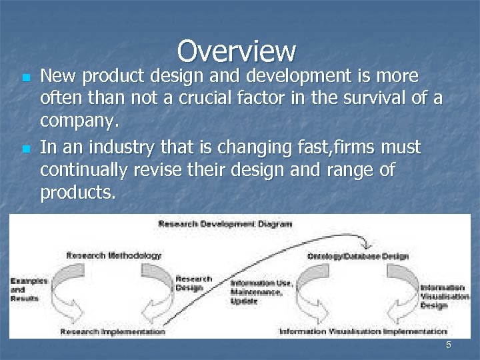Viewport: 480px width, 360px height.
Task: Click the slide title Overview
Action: tap(237, 51)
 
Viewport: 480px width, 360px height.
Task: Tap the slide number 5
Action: tap(449, 345)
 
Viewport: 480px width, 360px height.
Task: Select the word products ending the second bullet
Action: tap(77, 194)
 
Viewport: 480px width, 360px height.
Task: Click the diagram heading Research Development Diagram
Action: tap(225, 224)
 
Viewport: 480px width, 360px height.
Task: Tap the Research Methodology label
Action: tap(114, 255)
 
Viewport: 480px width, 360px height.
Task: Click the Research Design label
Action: tap(193, 283)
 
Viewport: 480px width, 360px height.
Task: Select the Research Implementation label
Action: tap(113, 331)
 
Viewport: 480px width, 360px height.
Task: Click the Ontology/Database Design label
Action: tap(358, 256)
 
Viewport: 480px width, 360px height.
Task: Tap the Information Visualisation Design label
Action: tap(442, 297)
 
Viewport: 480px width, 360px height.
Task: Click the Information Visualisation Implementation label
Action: tap(363, 331)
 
